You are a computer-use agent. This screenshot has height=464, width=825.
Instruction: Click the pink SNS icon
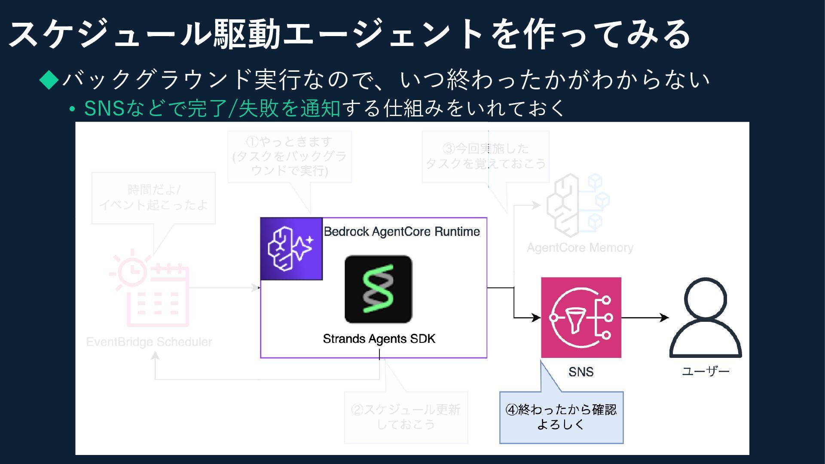click(x=581, y=317)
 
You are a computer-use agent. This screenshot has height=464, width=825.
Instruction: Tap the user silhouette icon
click(x=706, y=318)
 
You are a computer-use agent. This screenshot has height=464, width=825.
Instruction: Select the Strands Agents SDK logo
click(x=378, y=289)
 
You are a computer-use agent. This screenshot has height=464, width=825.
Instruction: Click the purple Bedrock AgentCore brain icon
click(x=291, y=249)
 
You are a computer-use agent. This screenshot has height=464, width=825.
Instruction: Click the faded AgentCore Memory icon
click(x=578, y=205)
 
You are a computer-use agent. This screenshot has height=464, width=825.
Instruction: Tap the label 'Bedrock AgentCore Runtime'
click(x=402, y=232)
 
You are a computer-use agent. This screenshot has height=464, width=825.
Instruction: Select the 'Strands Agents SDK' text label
click(x=379, y=339)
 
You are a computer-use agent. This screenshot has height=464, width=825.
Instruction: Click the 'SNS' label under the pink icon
click(x=581, y=372)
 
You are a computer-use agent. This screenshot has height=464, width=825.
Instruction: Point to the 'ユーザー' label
click(x=706, y=371)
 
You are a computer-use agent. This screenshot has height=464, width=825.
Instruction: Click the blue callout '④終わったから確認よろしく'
click(x=561, y=417)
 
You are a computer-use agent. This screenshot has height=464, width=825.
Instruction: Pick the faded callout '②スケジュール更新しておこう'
click(x=406, y=417)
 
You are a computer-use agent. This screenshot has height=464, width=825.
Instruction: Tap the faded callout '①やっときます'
click(x=289, y=156)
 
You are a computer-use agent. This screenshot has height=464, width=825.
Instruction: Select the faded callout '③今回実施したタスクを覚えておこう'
click(x=486, y=156)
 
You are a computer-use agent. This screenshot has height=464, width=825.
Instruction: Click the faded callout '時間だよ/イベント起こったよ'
click(x=153, y=198)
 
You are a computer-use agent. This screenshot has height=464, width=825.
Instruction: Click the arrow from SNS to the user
click(x=645, y=318)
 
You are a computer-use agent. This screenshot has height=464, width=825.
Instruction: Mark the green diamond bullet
click(x=49, y=79)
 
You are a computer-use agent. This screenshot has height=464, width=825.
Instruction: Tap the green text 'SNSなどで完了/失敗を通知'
click(x=212, y=108)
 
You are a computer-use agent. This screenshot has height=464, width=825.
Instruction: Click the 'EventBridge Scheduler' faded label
click(x=149, y=342)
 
